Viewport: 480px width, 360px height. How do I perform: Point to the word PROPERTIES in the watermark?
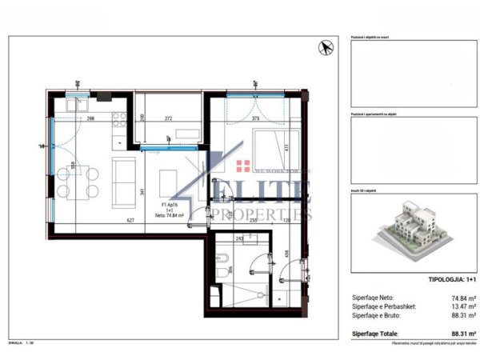(264, 214)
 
